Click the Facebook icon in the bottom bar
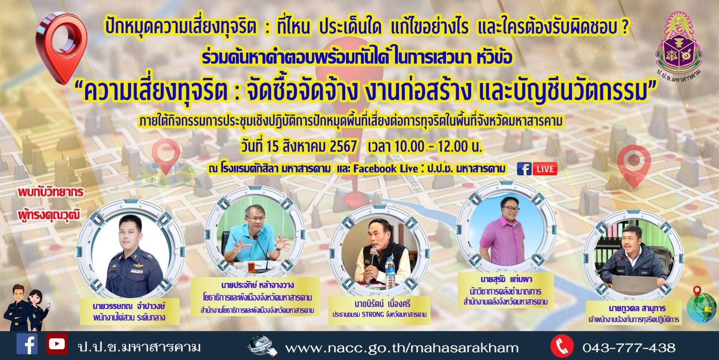pyautogui.click(x=27, y=344)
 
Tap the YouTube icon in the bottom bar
pyautogui.click(x=56, y=344)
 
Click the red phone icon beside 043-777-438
pyautogui.click(x=562, y=346)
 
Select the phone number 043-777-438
pyautogui.click(x=629, y=348)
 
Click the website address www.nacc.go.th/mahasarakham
pyautogui.click(x=402, y=348)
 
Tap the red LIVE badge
pyautogui.click(x=545, y=169)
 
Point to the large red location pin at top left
pyautogui.click(x=62, y=47)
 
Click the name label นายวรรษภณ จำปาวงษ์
pyautogui.click(x=129, y=306)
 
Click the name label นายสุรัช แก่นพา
pyautogui.click(x=506, y=279)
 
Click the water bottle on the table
pyautogui.click(x=391, y=273)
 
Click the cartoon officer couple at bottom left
pyautogui.click(x=26, y=307)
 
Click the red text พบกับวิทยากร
pyautogui.click(x=51, y=192)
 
